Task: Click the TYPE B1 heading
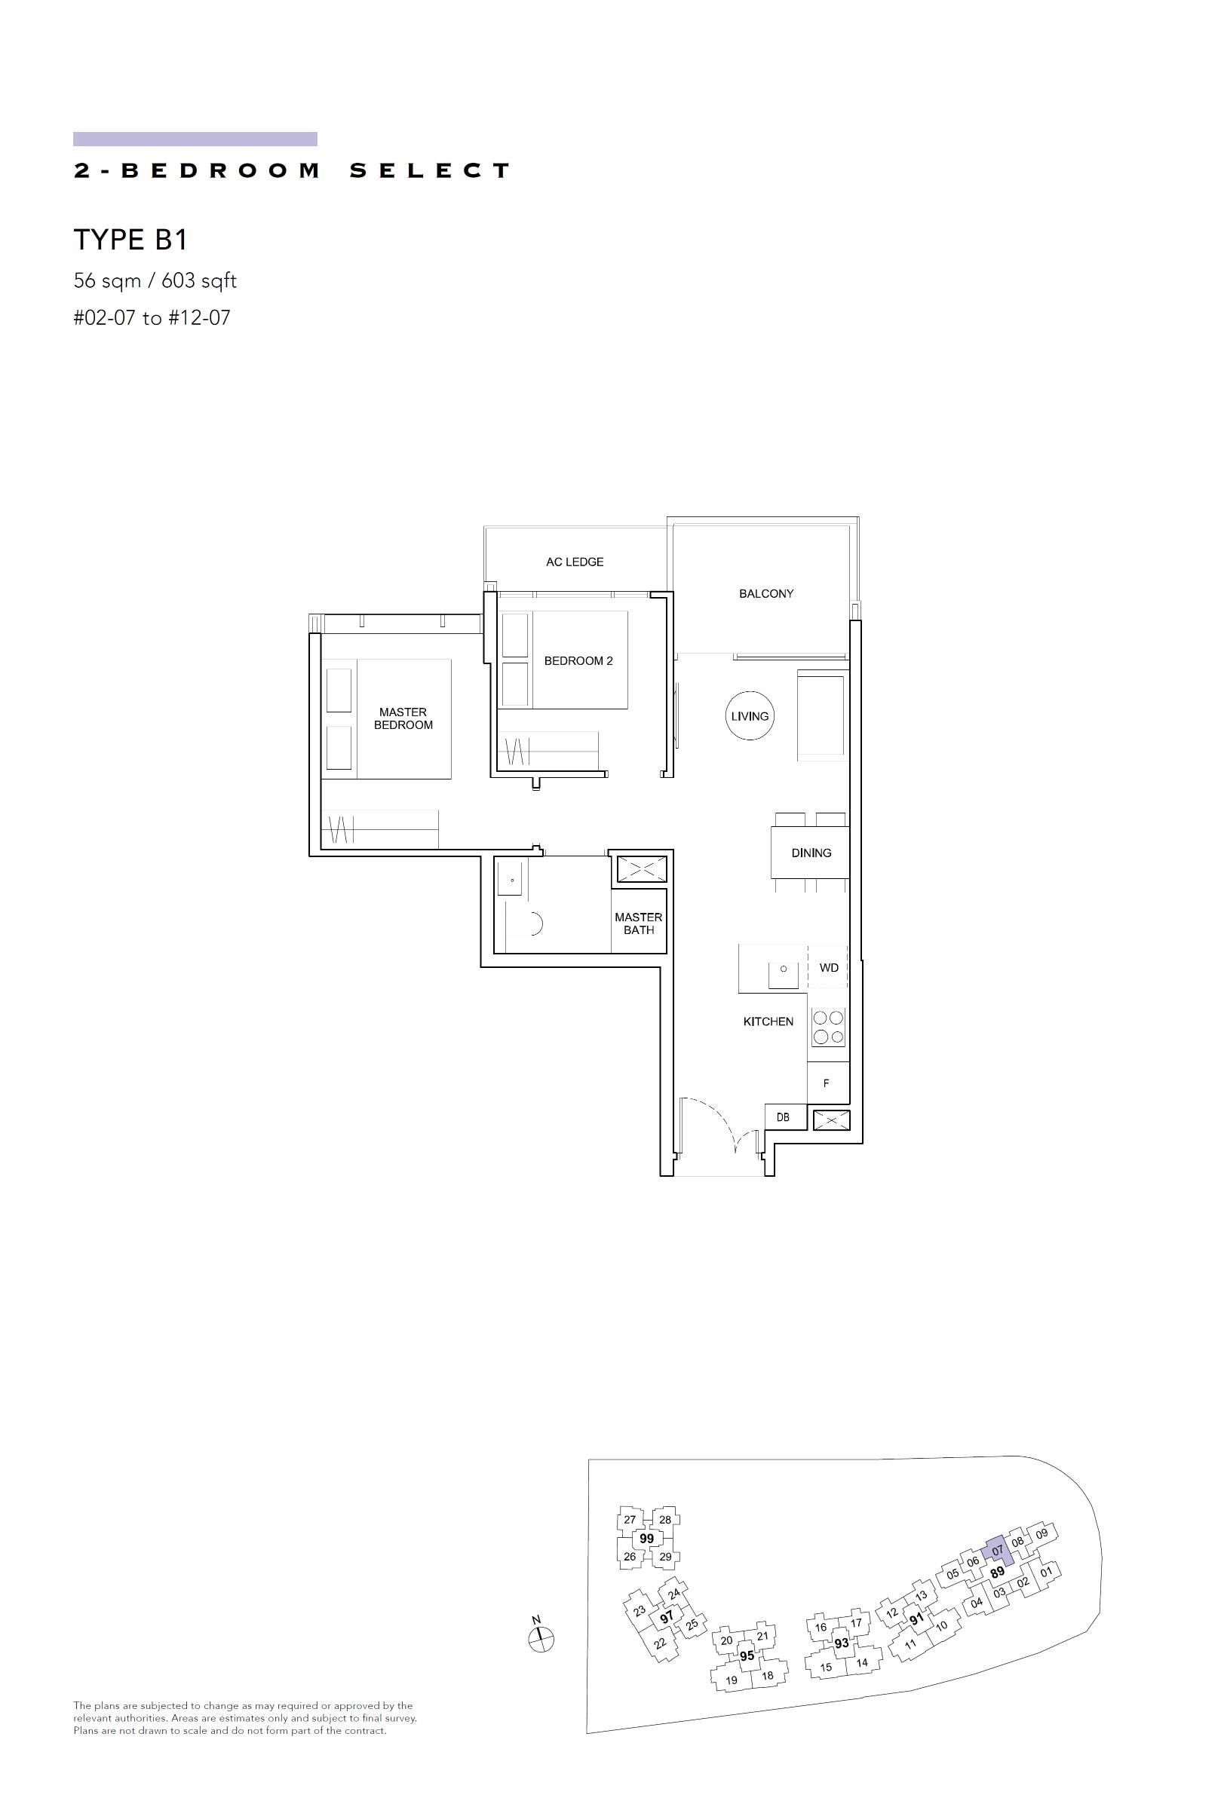click(130, 240)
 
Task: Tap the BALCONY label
click(766, 594)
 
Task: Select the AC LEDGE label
click(575, 562)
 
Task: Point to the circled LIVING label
click(750, 716)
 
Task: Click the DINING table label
click(811, 853)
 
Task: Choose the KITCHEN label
click(768, 1021)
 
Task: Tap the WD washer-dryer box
click(828, 968)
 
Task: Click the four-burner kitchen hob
click(828, 1026)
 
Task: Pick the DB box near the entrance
click(783, 1117)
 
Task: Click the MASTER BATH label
click(639, 923)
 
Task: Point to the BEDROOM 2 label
click(578, 661)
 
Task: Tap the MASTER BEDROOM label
click(403, 718)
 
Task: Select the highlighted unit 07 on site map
click(997, 1551)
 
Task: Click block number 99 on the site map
click(646, 1539)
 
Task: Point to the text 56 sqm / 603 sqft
click(155, 281)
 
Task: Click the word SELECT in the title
click(429, 170)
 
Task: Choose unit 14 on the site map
click(861, 1663)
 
